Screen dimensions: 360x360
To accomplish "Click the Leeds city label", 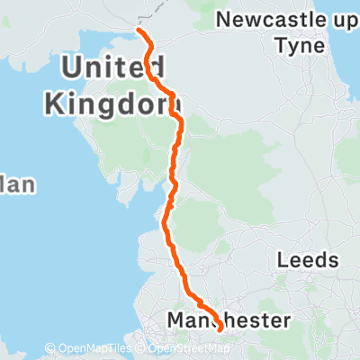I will (x=308, y=261).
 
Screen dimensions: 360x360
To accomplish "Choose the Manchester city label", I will (x=229, y=320).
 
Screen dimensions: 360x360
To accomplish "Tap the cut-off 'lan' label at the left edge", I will (x=17, y=185).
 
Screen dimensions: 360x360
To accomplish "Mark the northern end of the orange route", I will (x=139, y=31).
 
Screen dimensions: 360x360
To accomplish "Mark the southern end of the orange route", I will (x=220, y=330).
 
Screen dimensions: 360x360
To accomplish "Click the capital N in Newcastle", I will (x=225, y=19).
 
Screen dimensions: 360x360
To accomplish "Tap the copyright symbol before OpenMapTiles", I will (x=51, y=349).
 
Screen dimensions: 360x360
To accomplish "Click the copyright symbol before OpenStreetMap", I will (x=148, y=349).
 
